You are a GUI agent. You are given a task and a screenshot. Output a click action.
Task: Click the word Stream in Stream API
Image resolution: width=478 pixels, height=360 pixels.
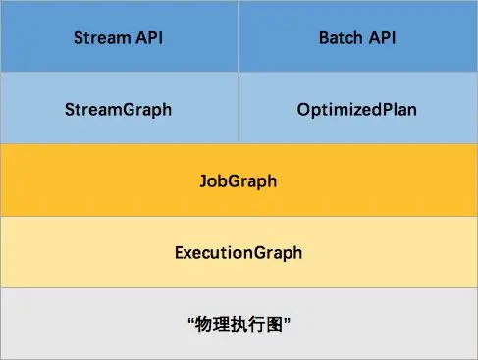tap(102, 37)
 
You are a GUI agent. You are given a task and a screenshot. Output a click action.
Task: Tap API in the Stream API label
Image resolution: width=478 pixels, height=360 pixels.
tap(149, 37)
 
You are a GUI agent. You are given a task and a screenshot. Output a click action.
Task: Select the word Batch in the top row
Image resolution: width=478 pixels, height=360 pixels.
tap(341, 37)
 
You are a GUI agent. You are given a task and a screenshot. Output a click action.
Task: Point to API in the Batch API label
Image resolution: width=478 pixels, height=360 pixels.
tap(382, 37)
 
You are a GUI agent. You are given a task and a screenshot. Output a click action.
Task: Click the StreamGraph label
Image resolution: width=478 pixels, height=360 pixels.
tap(118, 110)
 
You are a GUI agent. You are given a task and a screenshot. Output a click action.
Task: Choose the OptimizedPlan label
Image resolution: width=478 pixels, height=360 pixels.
tap(357, 110)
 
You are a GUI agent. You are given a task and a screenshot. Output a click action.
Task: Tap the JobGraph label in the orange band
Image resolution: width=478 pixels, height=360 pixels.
tap(239, 181)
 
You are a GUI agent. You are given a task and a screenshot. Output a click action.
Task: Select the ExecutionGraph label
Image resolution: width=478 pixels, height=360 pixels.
tap(239, 253)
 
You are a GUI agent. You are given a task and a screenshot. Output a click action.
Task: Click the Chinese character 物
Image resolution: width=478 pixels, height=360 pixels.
tap(203, 325)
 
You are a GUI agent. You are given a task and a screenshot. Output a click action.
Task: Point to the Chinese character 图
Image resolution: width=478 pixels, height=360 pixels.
tap(274, 325)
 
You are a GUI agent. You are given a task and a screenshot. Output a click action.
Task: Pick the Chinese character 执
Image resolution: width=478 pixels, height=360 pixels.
tap(239, 325)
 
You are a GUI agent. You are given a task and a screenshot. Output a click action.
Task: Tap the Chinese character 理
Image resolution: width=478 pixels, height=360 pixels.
tap(221, 325)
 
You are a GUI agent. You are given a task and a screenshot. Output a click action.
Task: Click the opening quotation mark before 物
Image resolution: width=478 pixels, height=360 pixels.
tap(191, 320)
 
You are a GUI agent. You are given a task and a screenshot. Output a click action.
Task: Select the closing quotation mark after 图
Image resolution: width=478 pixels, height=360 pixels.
tap(287, 320)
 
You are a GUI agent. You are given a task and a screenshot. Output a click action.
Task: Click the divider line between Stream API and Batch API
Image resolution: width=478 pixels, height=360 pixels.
tap(238, 36)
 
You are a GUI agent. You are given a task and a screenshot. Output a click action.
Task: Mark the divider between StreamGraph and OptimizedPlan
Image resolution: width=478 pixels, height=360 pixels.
tap(238, 108)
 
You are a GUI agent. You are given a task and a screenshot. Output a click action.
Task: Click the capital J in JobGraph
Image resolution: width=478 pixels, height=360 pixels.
tap(204, 180)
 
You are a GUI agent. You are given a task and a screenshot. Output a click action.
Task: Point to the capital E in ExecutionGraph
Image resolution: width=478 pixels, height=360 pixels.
tap(180, 252)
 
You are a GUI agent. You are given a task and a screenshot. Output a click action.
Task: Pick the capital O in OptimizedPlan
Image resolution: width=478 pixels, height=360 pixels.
tap(304, 109)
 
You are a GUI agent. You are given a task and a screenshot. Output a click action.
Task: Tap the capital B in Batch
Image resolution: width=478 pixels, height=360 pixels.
tap(325, 37)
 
